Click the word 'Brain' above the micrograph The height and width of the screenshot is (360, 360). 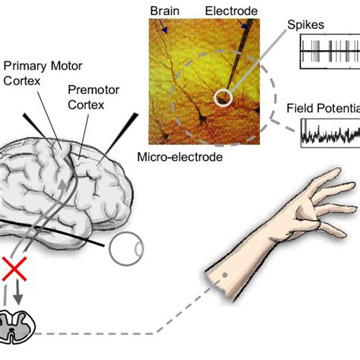coord(165,10)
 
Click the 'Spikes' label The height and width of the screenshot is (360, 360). coord(305,24)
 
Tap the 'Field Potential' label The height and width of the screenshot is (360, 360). coord(322,109)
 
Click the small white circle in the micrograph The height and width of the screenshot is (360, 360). coord(223,96)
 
